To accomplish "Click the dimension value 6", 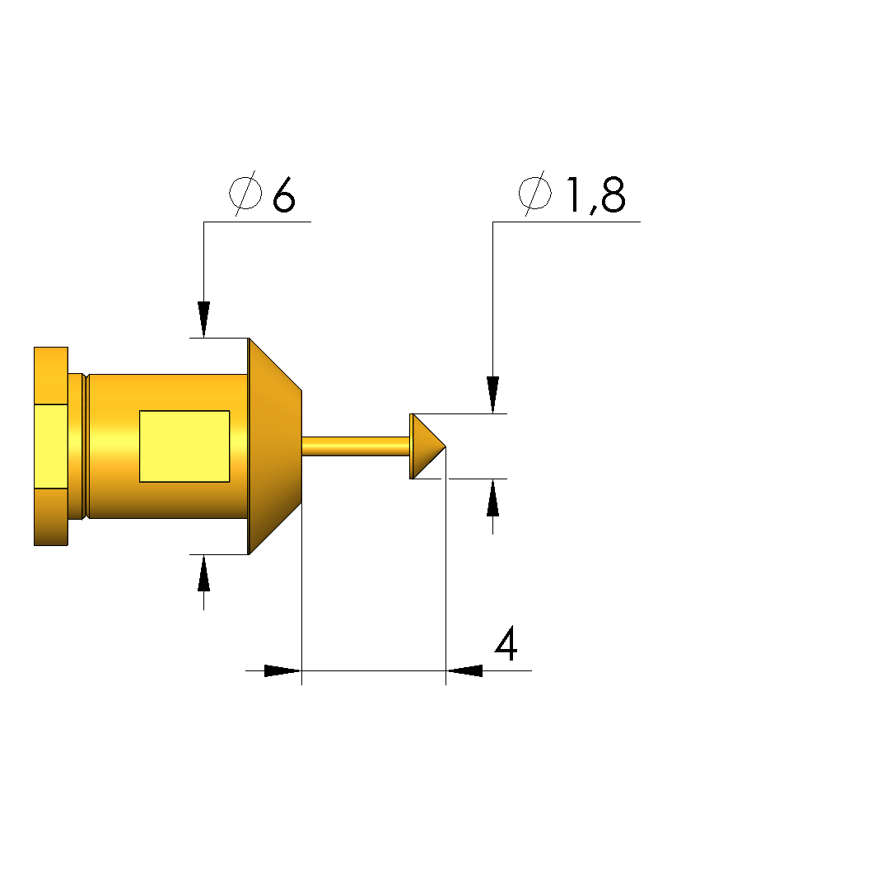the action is pos(284,194).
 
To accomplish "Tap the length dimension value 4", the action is pos(506,643).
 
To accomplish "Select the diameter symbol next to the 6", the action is pos(245,194).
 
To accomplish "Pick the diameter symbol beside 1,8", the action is pos(535,194).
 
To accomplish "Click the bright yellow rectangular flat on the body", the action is pos(184,446).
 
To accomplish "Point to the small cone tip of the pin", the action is pos(428,446).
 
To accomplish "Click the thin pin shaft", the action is pos(356,446).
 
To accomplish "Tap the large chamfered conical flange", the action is pos(275,446).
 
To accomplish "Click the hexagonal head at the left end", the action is pos(51,446).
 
